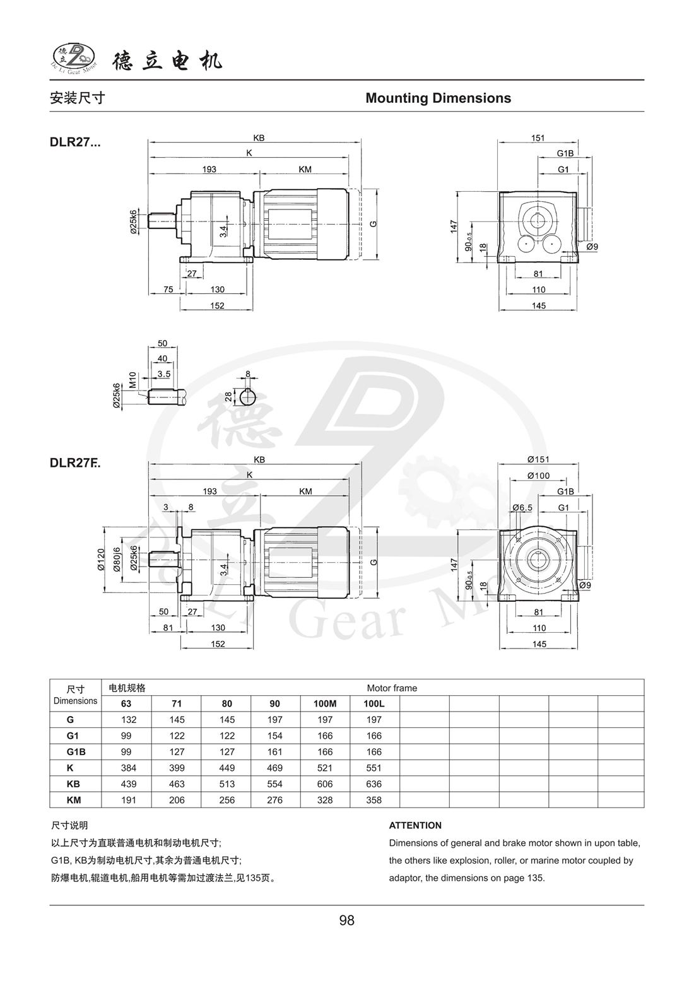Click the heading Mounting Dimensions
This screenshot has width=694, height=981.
[438, 98]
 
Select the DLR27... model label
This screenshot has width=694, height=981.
[74, 142]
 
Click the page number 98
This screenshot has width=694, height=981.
[346, 920]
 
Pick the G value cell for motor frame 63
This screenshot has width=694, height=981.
[128, 719]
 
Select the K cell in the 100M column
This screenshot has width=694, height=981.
[325, 768]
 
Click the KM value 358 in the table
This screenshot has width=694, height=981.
[374, 800]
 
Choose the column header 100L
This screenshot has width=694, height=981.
[374, 703]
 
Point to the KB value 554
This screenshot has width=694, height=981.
[275, 784]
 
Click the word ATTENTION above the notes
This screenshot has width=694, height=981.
[415, 825]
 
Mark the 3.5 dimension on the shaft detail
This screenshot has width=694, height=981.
[164, 374]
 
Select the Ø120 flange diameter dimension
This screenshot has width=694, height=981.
[100, 560]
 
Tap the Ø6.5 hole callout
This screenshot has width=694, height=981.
[522, 507]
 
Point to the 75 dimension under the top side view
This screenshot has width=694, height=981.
[168, 290]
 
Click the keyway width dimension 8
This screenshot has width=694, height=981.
[248, 373]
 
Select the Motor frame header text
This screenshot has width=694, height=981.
[392, 688]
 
